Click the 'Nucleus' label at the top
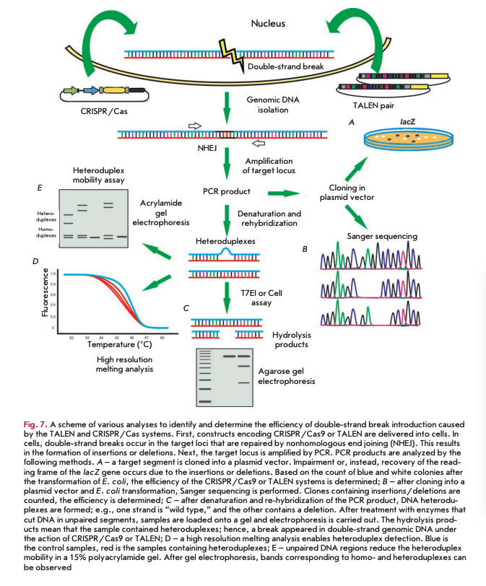[268, 23]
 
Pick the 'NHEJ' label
[207, 149]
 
